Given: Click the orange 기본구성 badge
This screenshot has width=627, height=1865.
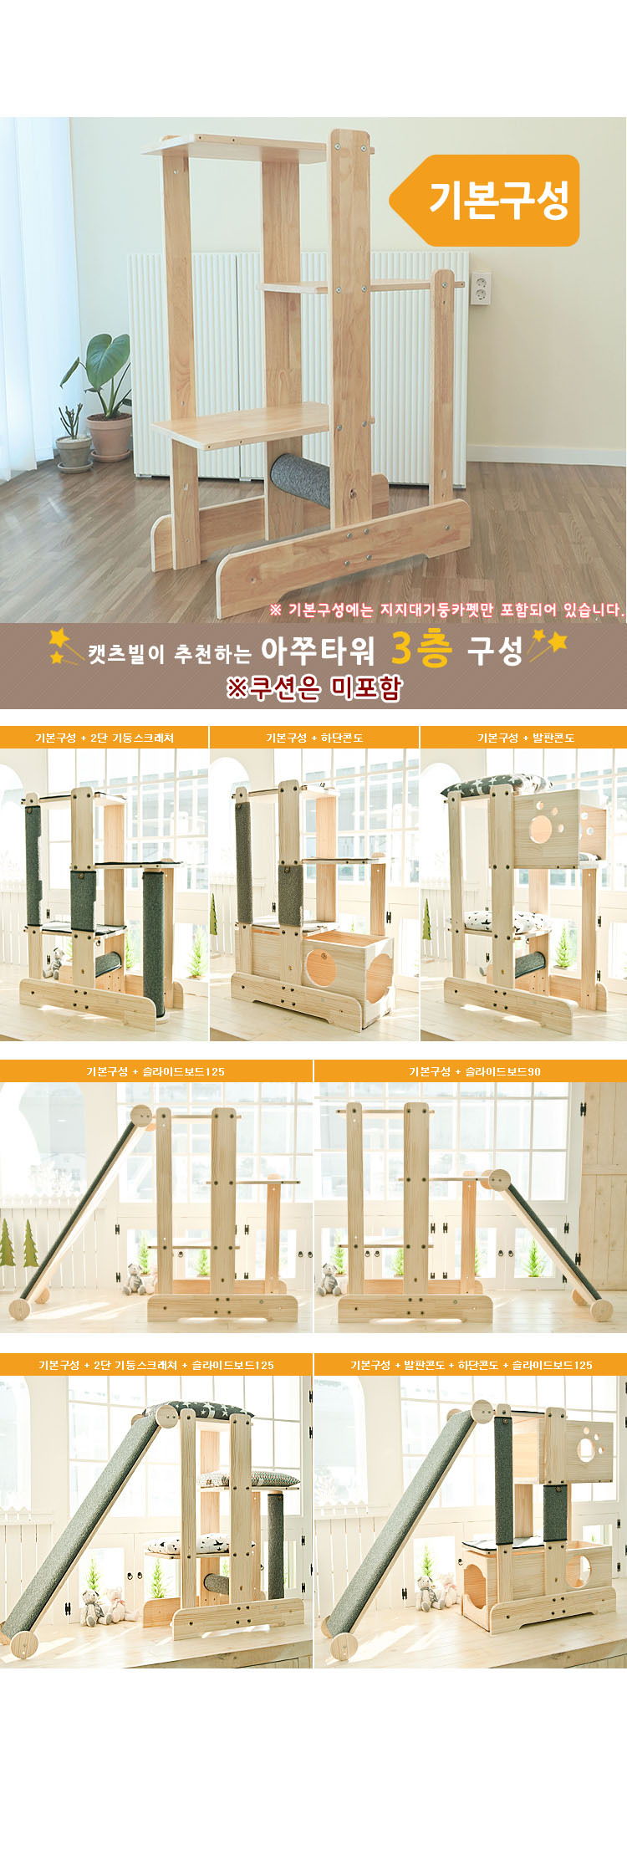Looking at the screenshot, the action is [x=486, y=200].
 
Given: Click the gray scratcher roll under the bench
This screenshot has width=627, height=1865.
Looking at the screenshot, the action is [x=300, y=483].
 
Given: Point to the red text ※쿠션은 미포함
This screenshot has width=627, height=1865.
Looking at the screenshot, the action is [x=314, y=687].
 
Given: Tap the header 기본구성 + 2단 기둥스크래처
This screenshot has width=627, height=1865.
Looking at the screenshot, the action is [x=104, y=738].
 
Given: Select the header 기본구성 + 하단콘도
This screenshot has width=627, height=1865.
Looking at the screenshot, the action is [x=314, y=738].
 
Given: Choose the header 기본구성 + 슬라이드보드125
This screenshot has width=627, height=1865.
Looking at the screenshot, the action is [x=155, y=1071].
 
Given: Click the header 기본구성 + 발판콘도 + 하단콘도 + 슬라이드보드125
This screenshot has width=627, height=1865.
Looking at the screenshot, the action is [x=472, y=1365].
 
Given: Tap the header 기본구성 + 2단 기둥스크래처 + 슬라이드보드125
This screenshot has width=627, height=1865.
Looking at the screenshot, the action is [x=156, y=1365].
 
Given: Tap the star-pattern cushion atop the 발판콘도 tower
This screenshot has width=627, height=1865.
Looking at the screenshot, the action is [x=495, y=785].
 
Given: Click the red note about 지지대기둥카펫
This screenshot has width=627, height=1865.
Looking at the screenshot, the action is [x=446, y=610].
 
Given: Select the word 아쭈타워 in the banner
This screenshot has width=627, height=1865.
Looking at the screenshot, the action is [x=318, y=649].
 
